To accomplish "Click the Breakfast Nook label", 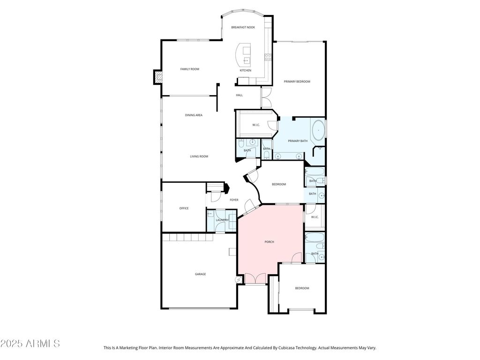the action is click(243, 27).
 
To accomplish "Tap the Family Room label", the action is click(190, 69).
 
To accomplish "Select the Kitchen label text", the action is click(246, 70).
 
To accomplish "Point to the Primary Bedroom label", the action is click(297, 82).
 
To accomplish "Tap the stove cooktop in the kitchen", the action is click(268, 57).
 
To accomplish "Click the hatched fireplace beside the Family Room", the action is click(157, 77).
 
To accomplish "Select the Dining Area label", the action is click(194, 115).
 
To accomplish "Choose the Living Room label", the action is click(199, 157).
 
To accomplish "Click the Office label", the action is click(184, 209).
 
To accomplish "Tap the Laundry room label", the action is click(222, 220).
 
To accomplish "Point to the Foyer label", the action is click(234, 200).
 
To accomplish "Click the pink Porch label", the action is click(270, 242).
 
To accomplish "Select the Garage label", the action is click(201, 274).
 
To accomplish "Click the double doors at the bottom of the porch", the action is click(255, 279).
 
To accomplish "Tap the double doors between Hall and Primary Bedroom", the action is click(265, 97).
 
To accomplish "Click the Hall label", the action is click(240, 95).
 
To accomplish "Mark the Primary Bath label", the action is click(298, 141).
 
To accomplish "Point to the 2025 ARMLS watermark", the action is click(30, 344).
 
